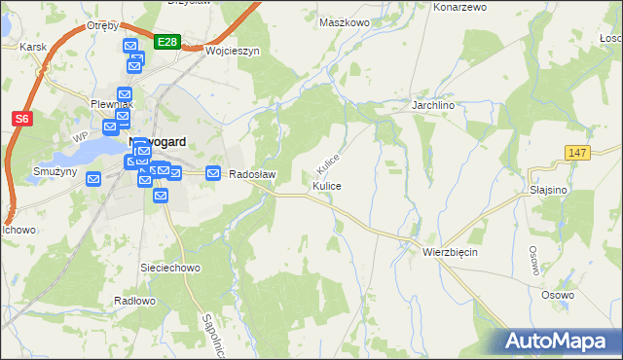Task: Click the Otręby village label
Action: pyautogui.click(x=101, y=25)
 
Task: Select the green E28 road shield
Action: pyautogui.click(x=166, y=41)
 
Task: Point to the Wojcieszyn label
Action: pyautogui.click(x=231, y=51)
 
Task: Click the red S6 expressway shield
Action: pyautogui.click(x=21, y=119)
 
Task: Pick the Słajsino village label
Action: pyautogui.click(x=549, y=190)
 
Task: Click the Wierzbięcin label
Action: pyautogui.click(x=450, y=251)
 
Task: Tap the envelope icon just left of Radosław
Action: pyautogui.click(x=212, y=172)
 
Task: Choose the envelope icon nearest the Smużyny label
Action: pyautogui.click(x=93, y=179)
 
